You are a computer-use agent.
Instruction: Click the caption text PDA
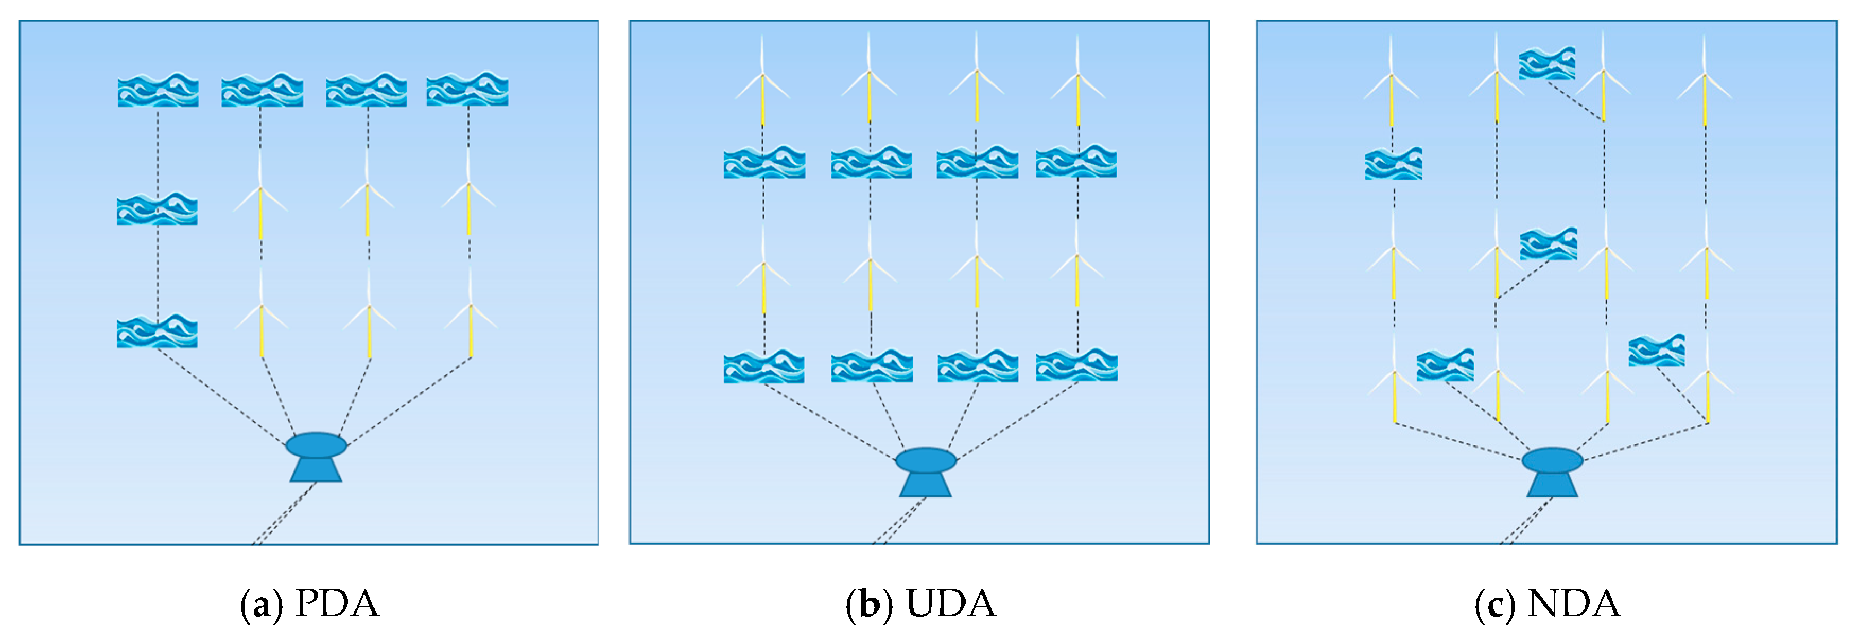click(336, 604)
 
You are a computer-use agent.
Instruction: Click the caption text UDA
click(951, 604)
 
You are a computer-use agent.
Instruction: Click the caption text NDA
click(1574, 604)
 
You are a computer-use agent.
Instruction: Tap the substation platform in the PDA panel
click(316, 456)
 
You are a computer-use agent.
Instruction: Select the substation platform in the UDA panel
click(925, 471)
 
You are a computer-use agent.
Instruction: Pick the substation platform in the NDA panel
click(1552, 471)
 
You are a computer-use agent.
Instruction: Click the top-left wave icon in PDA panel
click(158, 90)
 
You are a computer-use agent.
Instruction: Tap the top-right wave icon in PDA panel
click(467, 90)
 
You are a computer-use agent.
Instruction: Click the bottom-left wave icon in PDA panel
click(158, 331)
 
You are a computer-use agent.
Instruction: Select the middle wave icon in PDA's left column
click(158, 209)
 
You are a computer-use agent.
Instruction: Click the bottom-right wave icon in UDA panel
click(1076, 366)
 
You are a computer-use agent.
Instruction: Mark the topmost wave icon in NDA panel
click(1547, 63)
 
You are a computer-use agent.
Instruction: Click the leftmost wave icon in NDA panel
click(1393, 164)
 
